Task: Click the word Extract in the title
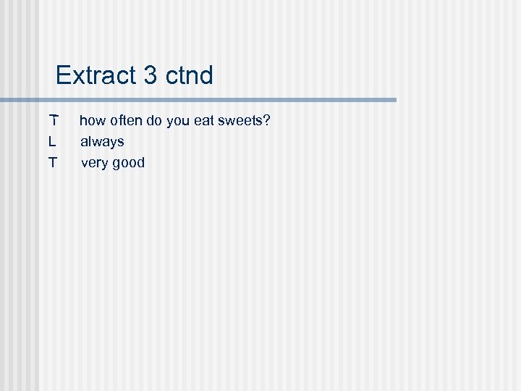pyautogui.click(x=97, y=75)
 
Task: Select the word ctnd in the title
pyautogui.click(x=190, y=75)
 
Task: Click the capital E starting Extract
pyautogui.click(x=63, y=75)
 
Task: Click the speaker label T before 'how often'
pyautogui.click(x=53, y=120)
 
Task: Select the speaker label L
pyautogui.click(x=52, y=141)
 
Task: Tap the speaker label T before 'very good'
pyautogui.click(x=53, y=162)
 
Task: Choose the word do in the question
pyautogui.click(x=154, y=120)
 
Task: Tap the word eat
pyautogui.click(x=204, y=120)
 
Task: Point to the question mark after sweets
pyautogui.click(x=266, y=120)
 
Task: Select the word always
pyautogui.click(x=102, y=141)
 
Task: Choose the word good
pyautogui.click(x=128, y=162)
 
